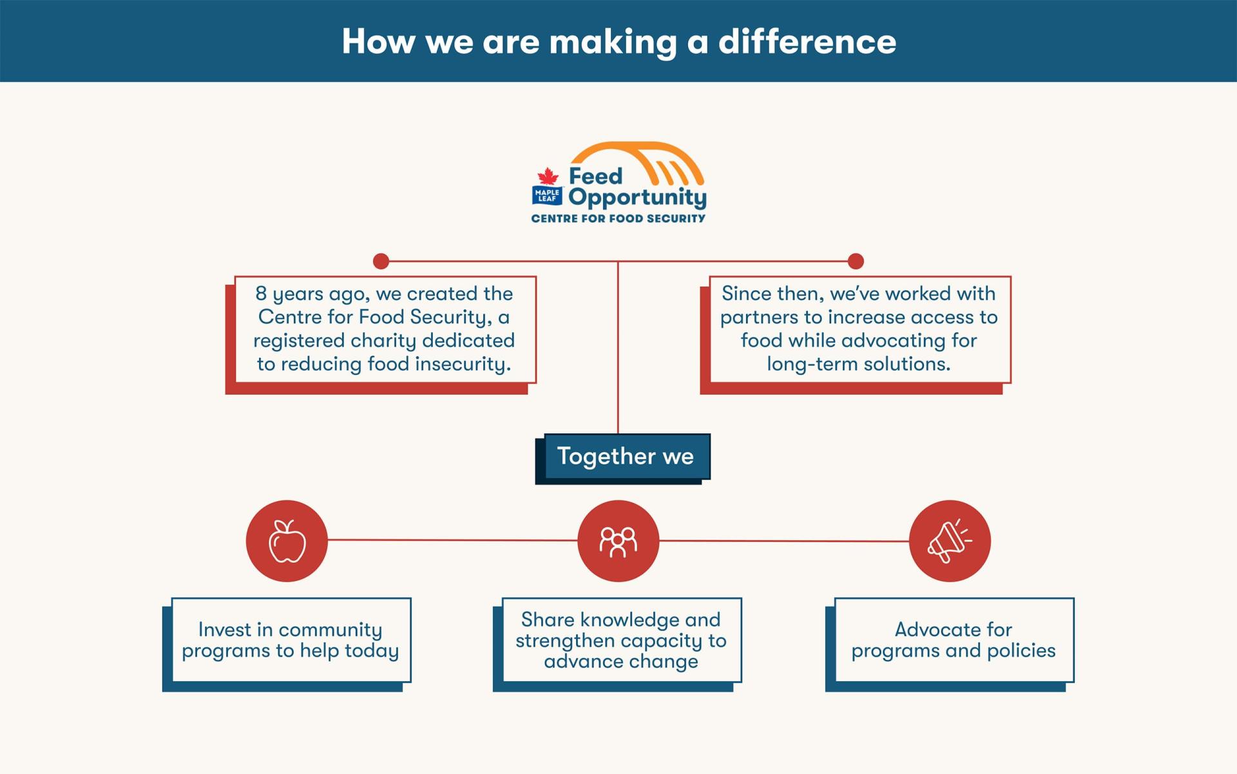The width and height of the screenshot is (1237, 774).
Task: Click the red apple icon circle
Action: tap(287, 541)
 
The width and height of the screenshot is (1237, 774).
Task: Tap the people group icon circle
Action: tap(618, 541)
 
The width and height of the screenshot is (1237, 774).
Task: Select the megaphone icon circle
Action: tap(950, 541)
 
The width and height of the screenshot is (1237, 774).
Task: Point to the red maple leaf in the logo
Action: tap(548, 176)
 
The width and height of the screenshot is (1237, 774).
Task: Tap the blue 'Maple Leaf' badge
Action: tap(547, 196)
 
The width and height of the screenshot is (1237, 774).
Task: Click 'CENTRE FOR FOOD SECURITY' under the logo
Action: tap(618, 219)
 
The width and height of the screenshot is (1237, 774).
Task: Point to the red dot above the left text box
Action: tap(381, 261)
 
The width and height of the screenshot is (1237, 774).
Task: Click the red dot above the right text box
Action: tap(856, 261)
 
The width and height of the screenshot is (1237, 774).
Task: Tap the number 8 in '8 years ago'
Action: tap(261, 294)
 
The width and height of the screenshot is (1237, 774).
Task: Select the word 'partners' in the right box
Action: tap(759, 317)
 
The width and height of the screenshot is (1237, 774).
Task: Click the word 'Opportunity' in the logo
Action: tap(637, 198)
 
